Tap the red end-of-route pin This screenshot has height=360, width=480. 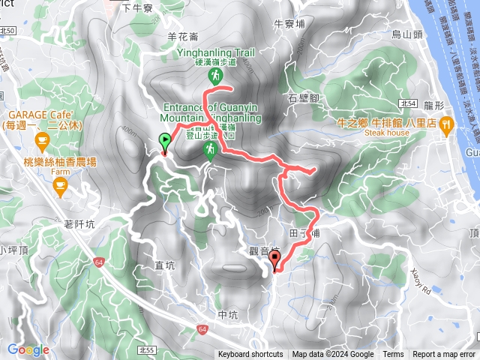tap(274, 260)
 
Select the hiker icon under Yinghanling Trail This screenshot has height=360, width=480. tap(215, 76)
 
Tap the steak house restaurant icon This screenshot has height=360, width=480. tap(446, 123)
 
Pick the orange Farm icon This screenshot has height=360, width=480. tap(61, 183)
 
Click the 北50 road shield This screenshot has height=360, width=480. tap(9, 31)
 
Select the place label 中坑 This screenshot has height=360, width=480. tap(226, 315)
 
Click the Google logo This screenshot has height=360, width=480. tap(28, 349)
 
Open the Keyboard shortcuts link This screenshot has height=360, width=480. tap(250, 355)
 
